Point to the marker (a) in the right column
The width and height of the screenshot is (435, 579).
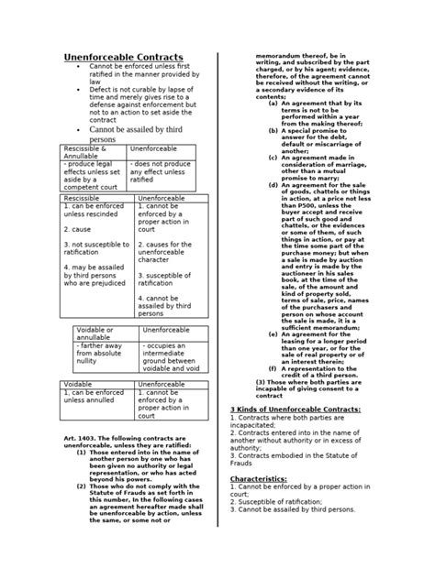coord(274,104)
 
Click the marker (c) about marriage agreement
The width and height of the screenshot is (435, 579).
coord(274,157)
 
